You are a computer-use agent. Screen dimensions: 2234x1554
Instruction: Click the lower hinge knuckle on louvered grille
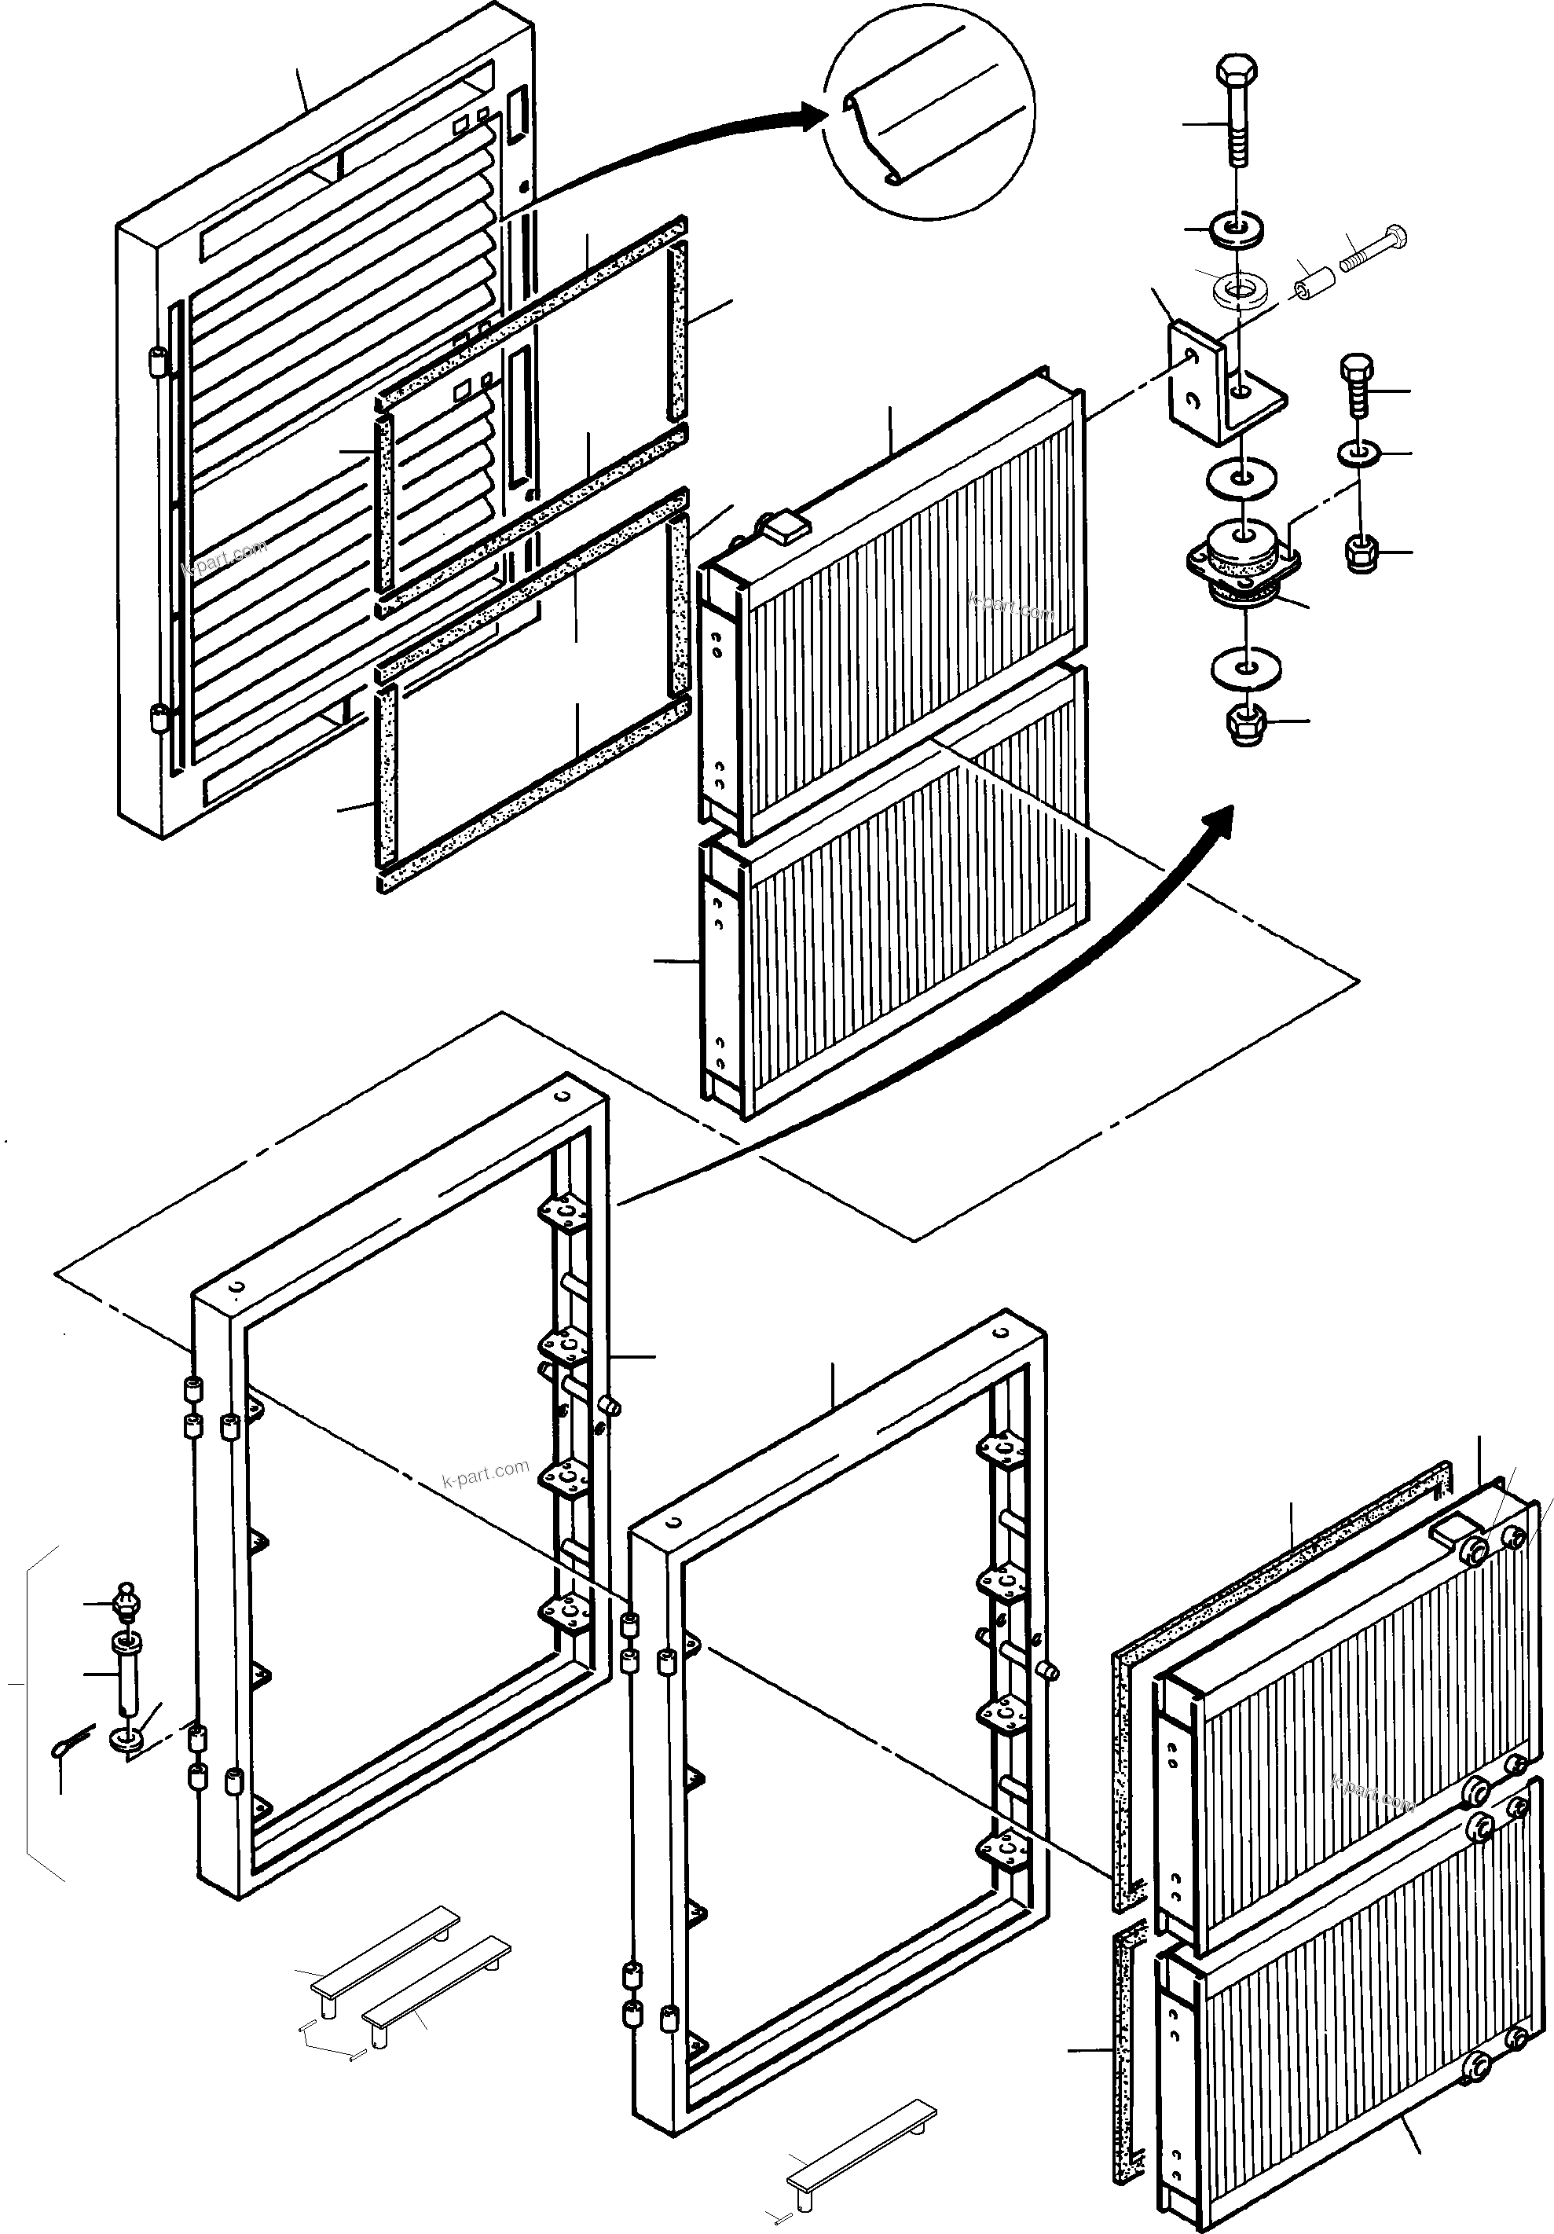coord(155,721)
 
